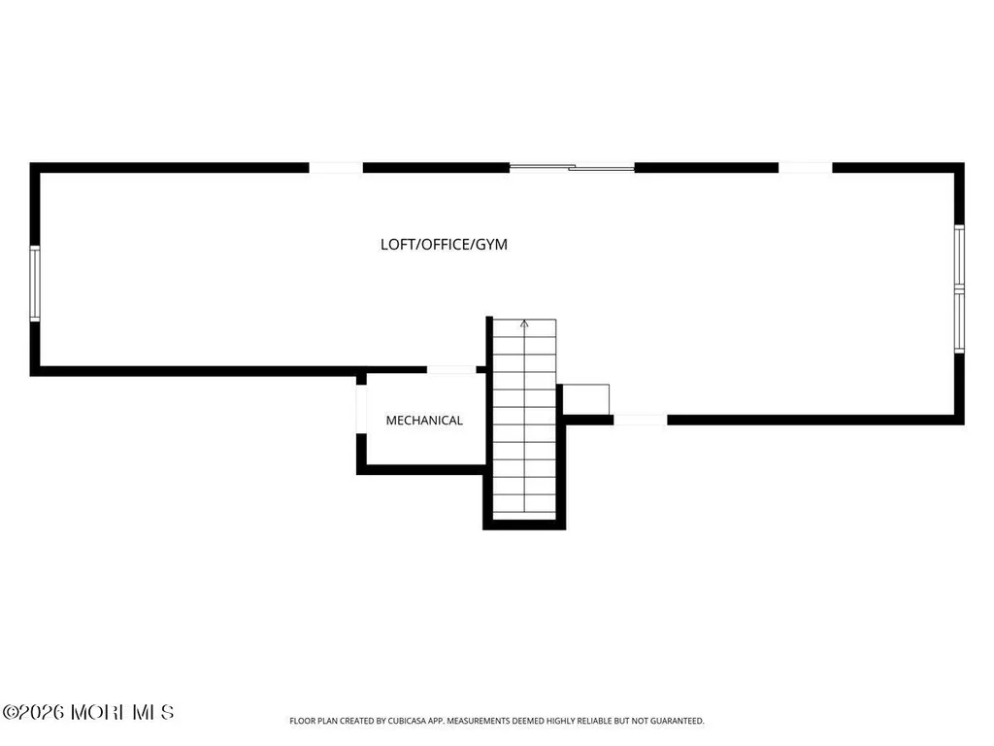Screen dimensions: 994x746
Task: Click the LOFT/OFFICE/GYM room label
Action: (444, 244)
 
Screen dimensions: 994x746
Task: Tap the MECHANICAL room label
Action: (424, 420)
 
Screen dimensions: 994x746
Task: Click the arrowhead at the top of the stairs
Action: (524, 324)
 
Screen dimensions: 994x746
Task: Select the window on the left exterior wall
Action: (35, 284)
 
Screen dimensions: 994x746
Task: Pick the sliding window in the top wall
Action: (572, 167)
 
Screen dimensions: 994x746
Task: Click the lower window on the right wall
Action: (960, 321)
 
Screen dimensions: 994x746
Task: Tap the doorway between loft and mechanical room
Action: (451, 370)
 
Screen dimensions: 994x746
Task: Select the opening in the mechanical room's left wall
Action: (361, 409)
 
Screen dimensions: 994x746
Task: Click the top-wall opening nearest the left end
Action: (336, 167)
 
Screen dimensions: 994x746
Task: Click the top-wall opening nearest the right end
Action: (805, 167)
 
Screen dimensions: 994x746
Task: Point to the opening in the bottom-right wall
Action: (641, 420)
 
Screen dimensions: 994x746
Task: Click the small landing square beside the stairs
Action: (586, 399)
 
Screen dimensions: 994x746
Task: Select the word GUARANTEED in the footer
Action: (680, 721)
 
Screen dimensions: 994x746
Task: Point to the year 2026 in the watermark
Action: (41, 712)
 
